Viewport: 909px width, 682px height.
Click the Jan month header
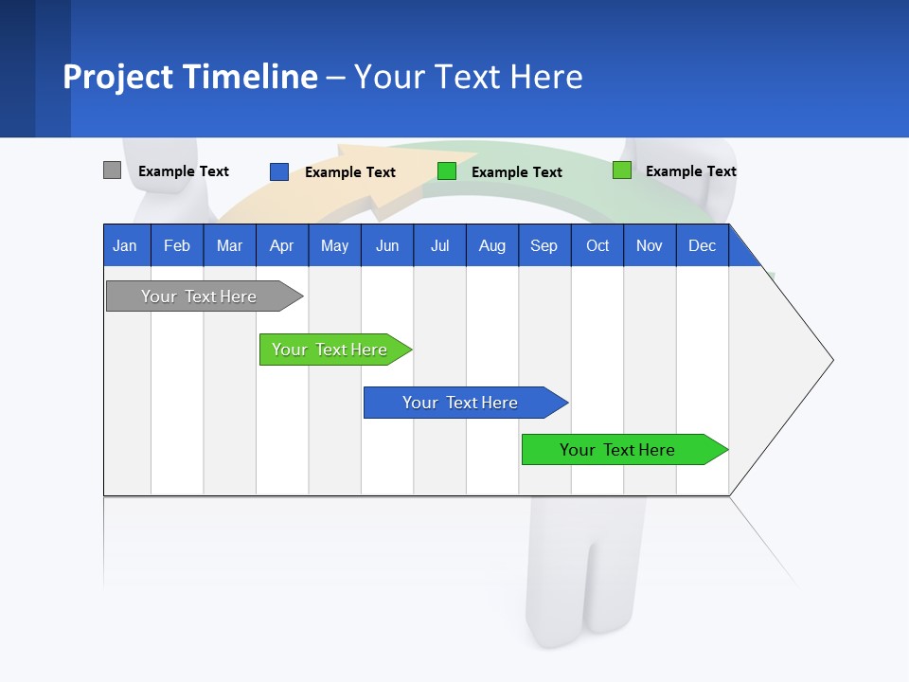126,245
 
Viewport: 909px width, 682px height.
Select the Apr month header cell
282,245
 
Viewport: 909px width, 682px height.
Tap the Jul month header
439,245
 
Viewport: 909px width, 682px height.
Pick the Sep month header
544,245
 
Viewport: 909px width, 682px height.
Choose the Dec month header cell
702,245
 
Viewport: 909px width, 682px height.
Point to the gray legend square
112,170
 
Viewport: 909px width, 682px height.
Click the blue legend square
278,171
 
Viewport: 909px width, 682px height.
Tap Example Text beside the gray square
184,171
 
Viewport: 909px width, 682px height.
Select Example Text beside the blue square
350,172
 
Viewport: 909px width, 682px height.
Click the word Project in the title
117,77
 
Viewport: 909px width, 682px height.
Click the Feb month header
177,245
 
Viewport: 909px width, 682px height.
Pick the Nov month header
650,245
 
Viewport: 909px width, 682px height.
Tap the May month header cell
334,245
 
